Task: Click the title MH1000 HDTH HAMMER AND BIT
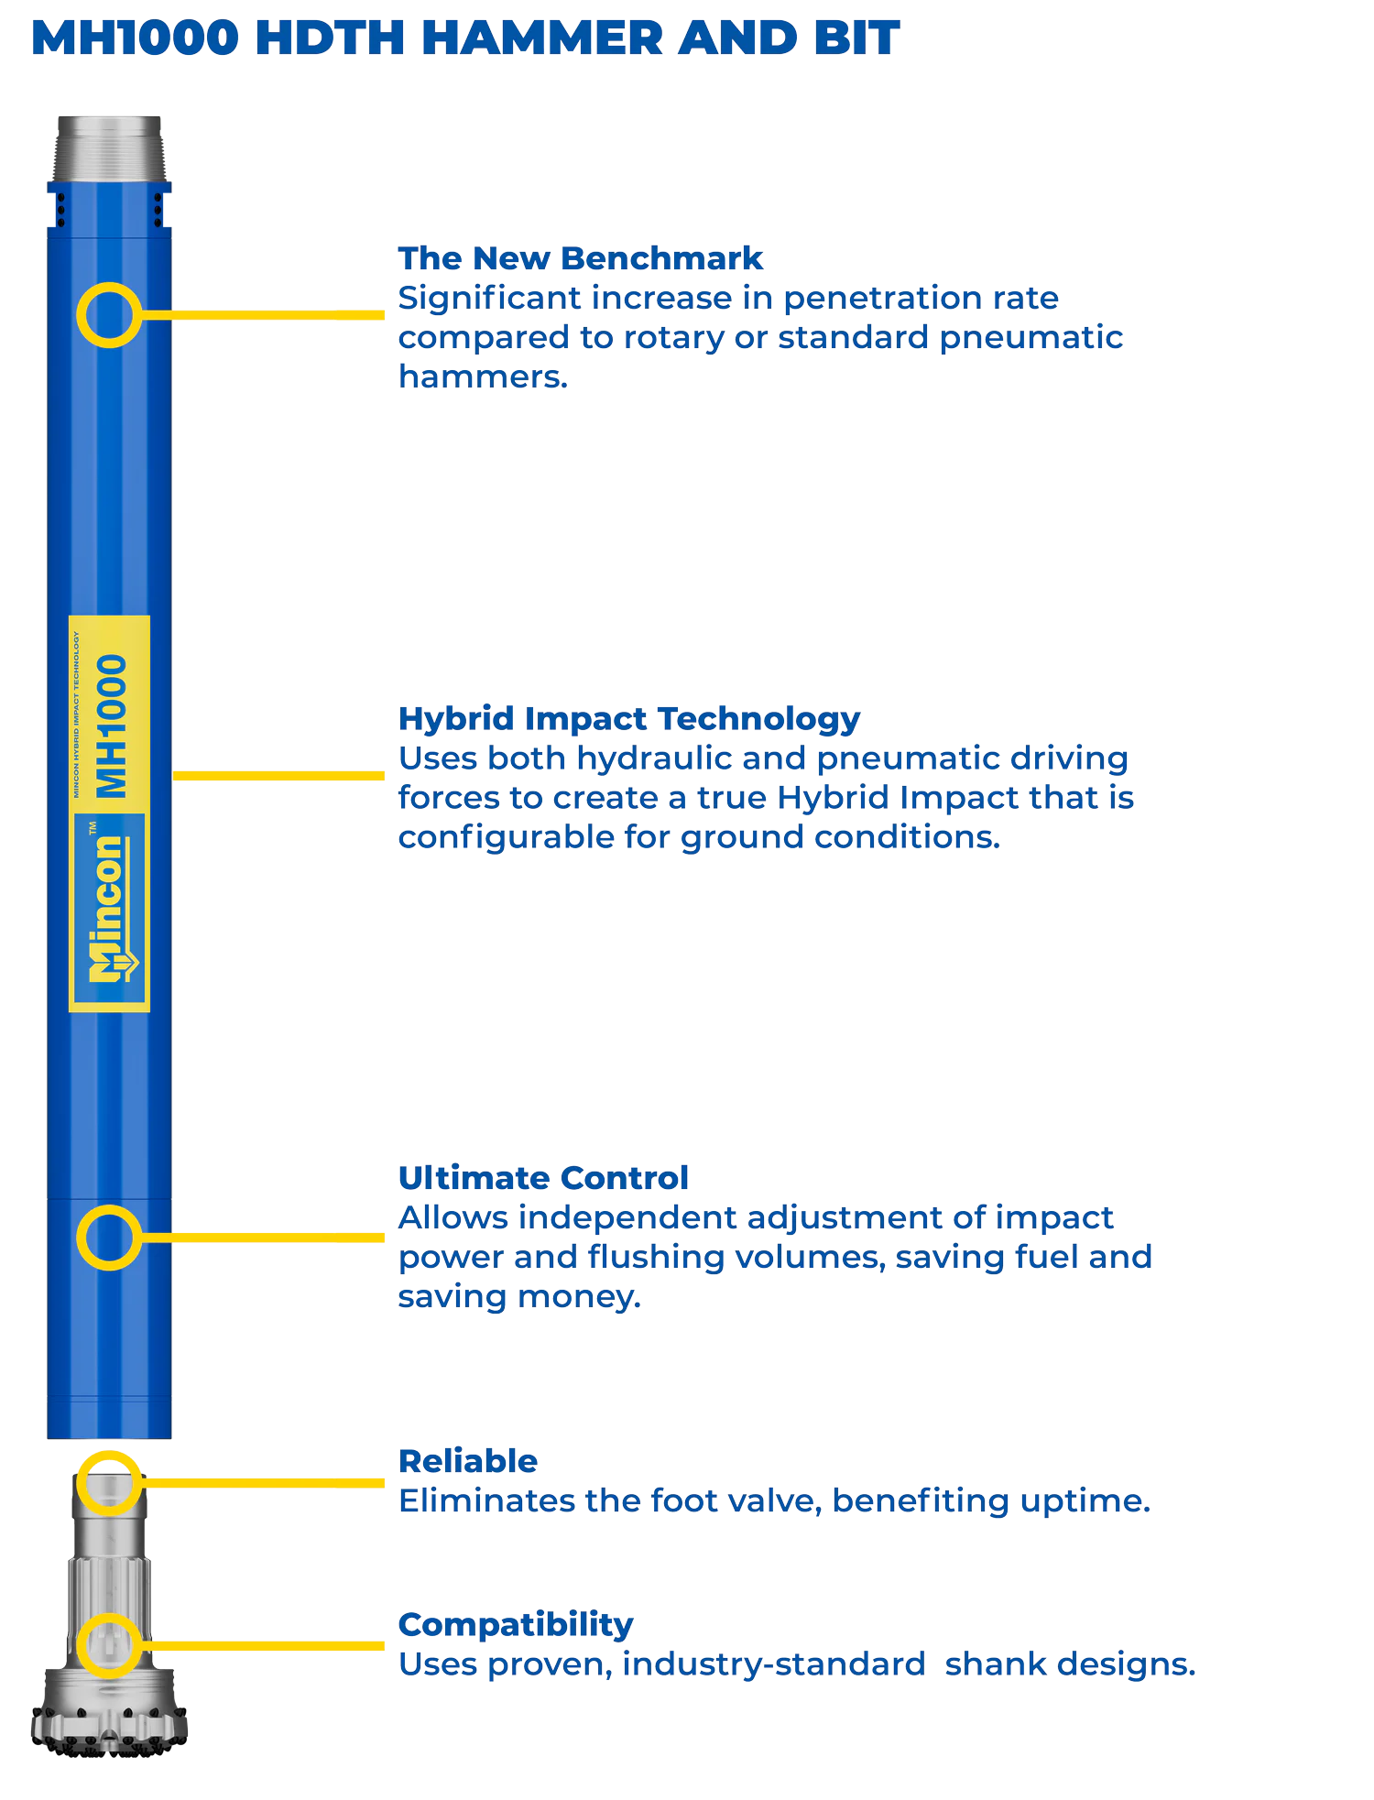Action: (x=465, y=38)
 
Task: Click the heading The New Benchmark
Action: (x=580, y=258)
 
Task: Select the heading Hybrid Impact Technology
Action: (x=629, y=719)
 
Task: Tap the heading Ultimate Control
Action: (x=543, y=1178)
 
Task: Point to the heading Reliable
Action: (x=468, y=1461)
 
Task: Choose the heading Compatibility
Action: (x=516, y=1625)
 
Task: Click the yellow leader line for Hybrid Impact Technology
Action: (x=278, y=776)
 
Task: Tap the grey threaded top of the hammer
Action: (x=109, y=148)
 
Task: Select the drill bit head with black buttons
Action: (x=110, y=1712)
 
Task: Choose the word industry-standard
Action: (x=774, y=1664)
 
